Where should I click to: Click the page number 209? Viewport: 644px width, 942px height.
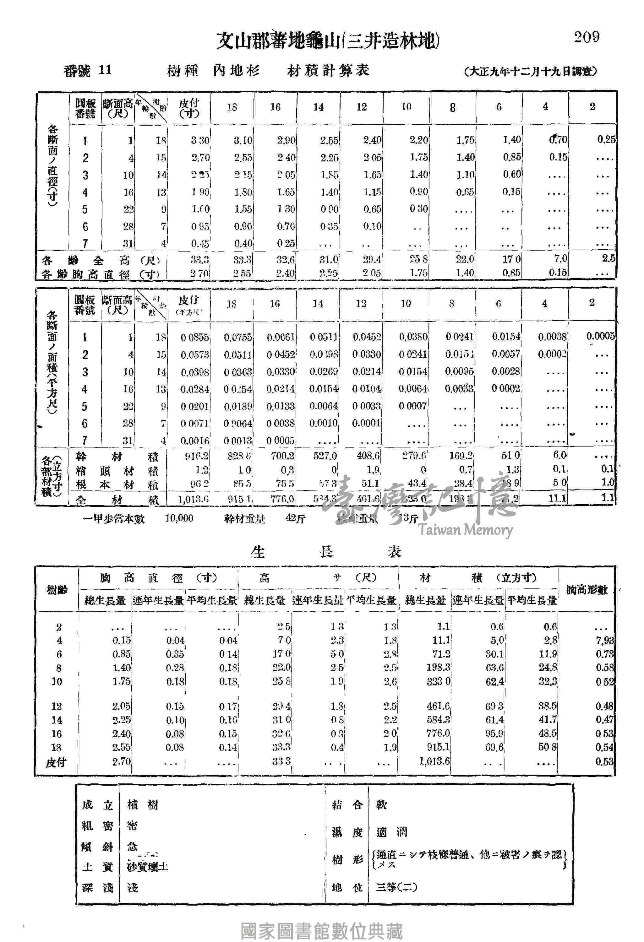[x=587, y=37]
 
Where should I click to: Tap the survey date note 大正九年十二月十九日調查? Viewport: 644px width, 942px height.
[x=531, y=72]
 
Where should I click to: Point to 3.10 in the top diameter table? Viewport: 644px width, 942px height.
[x=243, y=141]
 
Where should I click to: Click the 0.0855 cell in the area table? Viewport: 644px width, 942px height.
[x=195, y=337]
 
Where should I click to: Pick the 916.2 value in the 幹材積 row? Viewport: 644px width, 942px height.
[x=197, y=456]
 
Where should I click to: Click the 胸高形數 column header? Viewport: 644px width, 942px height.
[x=587, y=590]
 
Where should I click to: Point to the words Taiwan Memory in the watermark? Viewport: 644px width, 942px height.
[x=466, y=530]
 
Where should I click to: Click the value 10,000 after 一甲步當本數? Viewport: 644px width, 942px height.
[x=179, y=518]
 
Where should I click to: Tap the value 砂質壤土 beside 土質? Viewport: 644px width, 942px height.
[x=147, y=867]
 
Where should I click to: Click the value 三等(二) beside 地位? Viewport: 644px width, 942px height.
[x=396, y=887]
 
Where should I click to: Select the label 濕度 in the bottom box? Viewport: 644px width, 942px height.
[x=347, y=832]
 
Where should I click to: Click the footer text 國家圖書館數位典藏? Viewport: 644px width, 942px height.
[x=322, y=931]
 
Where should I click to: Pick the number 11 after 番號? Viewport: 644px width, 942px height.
[x=105, y=70]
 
